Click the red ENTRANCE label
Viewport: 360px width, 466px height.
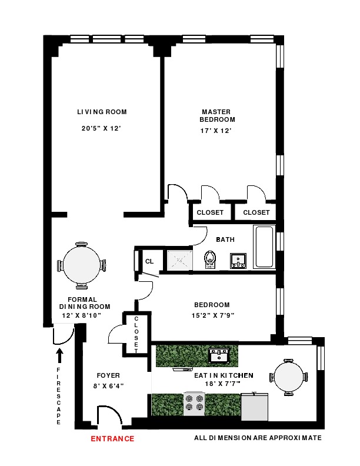[x=112, y=439]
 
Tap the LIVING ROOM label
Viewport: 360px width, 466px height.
[x=102, y=112]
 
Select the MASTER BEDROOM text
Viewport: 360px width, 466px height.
[x=216, y=115]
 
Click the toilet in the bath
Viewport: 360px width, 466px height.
[x=209, y=259]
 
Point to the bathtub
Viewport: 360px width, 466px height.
[x=264, y=247]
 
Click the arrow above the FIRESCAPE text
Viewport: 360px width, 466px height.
[x=59, y=355]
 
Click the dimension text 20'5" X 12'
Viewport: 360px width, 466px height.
[x=102, y=128]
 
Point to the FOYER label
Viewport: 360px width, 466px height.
[x=108, y=375]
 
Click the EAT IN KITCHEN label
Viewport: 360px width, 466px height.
[x=224, y=375]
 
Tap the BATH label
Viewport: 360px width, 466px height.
[x=225, y=239]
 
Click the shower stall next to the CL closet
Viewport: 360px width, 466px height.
[x=179, y=260]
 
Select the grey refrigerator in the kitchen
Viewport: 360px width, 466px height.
[x=255, y=407]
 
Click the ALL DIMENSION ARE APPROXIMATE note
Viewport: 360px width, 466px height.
[x=258, y=438]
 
